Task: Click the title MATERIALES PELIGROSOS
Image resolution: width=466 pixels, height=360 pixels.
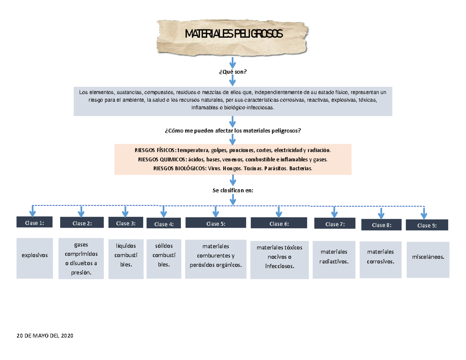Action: tap(234, 35)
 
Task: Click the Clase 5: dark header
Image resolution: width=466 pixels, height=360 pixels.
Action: tap(216, 223)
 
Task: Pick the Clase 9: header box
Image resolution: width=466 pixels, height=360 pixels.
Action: tap(427, 225)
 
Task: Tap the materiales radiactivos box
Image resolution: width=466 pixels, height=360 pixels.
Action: tap(334, 257)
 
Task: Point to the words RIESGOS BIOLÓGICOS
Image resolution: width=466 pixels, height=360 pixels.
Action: tap(179, 169)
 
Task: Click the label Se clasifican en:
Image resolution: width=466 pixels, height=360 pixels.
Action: tap(233, 190)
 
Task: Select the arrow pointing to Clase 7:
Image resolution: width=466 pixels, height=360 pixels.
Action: tap(334, 212)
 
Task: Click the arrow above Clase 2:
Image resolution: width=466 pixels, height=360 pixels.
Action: tap(81, 211)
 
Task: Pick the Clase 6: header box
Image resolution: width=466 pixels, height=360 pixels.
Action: tap(279, 224)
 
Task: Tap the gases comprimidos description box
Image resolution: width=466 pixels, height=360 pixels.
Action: tap(81, 259)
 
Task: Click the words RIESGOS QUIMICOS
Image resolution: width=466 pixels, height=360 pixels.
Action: tap(162, 159)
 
